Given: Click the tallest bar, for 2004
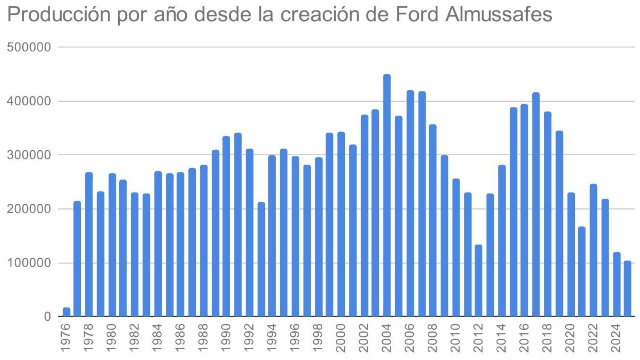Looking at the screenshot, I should click(x=387, y=195).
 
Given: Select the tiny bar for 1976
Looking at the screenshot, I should click(x=66, y=312).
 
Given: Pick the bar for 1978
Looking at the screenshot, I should click(x=89, y=244).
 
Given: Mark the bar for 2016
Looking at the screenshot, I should click(x=524, y=210).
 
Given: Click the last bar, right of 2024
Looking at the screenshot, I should click(x=628, y=288).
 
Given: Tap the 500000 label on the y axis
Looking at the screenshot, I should click(x=29, y=47).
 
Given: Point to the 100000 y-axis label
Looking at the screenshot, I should click(x=29, y=263).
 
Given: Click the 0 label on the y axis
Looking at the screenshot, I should click(x=47, y=316).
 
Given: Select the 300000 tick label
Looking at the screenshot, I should click(x=29, y=155).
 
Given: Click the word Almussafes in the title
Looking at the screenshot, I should click(x=499, y=14).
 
